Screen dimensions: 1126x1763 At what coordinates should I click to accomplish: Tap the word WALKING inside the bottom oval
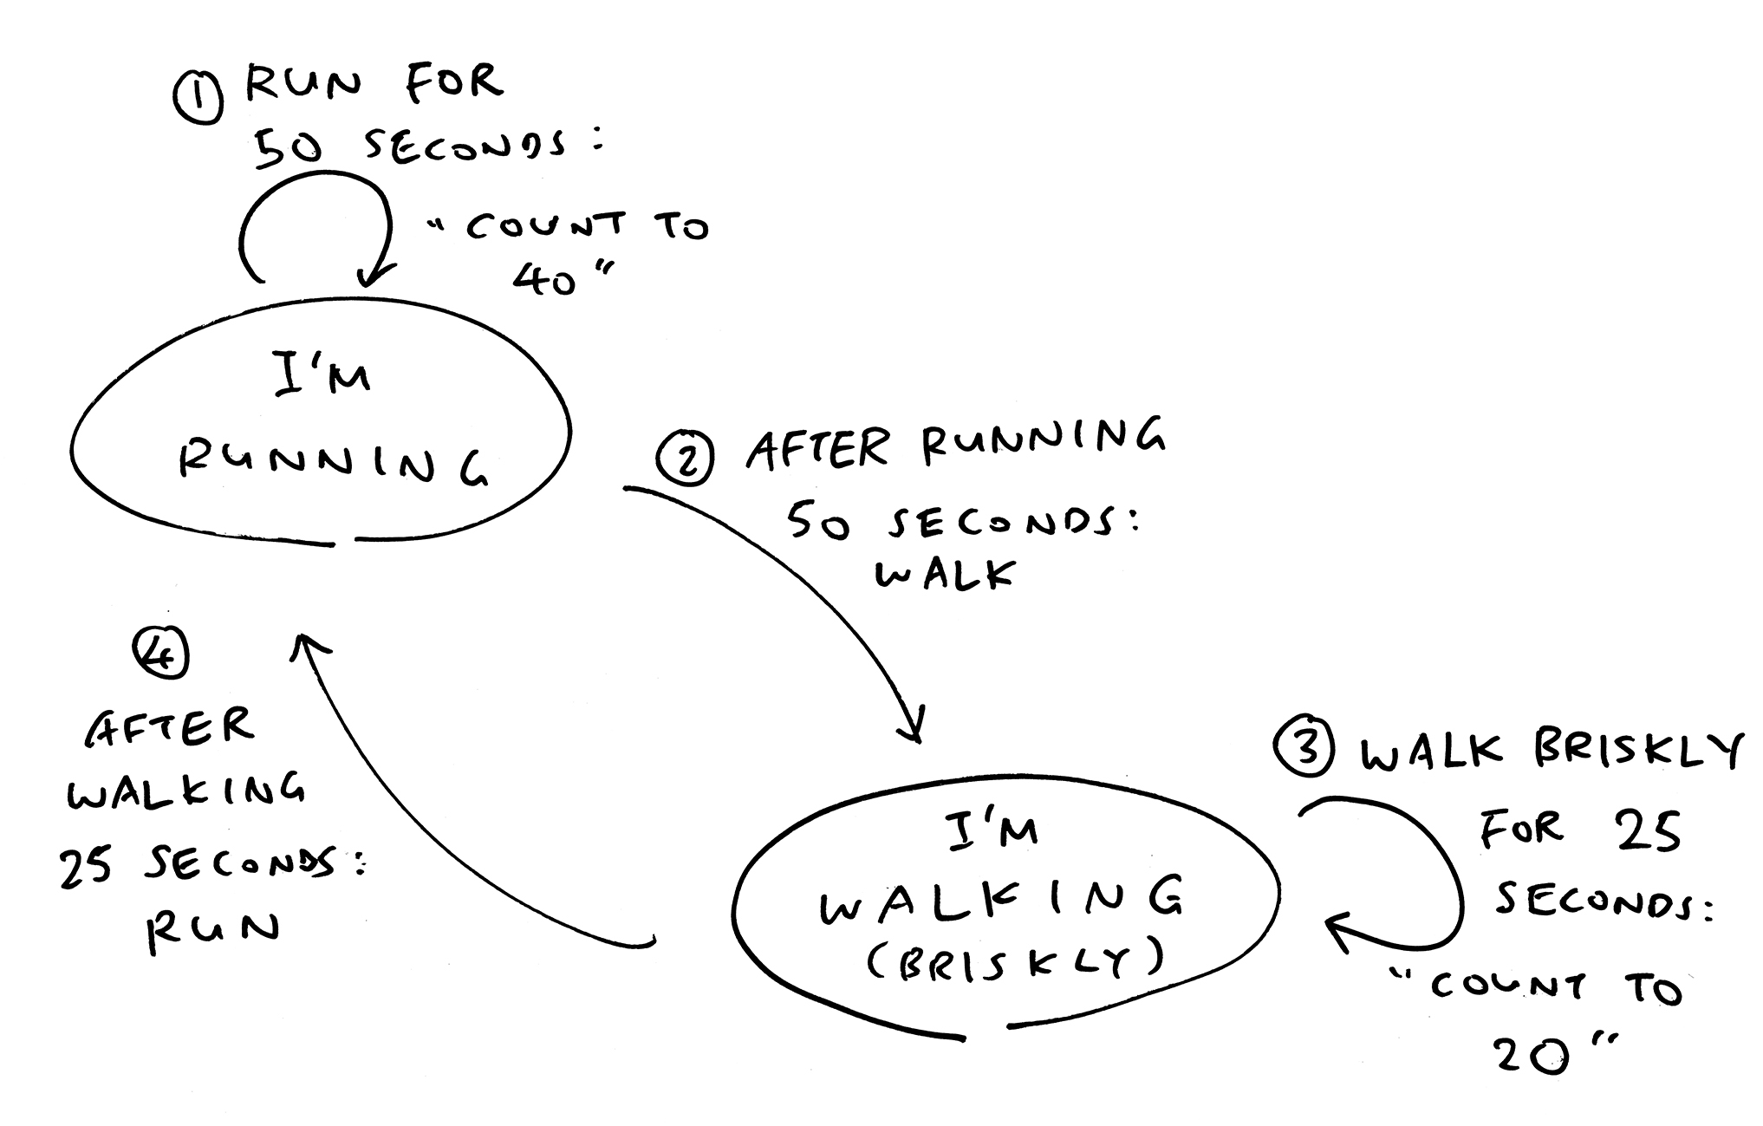pyautogui.click(x=1001, y=901)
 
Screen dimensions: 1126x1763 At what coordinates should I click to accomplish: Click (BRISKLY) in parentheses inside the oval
pyautogui.click(x=1014, y=960)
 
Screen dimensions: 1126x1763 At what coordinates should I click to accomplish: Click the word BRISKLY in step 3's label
pyautogui.click(x=1636, y=751)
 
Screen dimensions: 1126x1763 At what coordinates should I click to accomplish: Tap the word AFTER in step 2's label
pyautogui.click(x=817, y=450)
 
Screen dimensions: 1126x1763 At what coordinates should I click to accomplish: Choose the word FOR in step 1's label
pyautogui.click(x=453, y=83)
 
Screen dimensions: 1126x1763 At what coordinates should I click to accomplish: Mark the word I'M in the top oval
pyautogui.click(x=322, y=375)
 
